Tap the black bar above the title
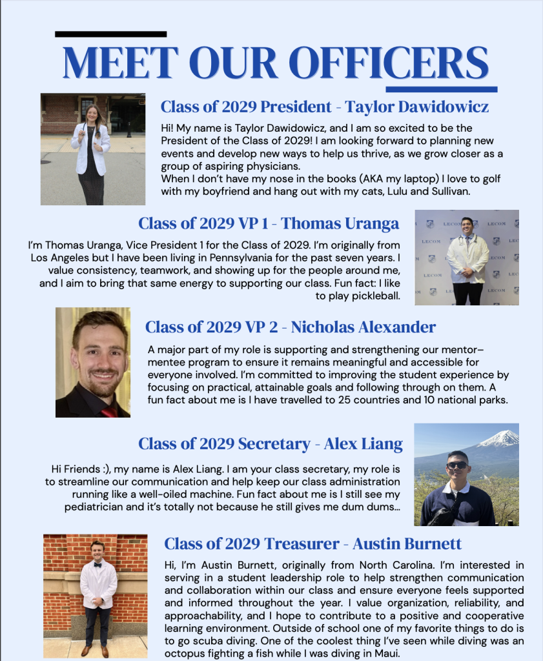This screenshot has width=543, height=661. (x=110, y=34)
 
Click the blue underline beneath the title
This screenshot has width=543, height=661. (x=441, y=89)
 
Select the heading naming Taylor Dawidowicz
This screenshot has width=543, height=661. (x=324, y=107)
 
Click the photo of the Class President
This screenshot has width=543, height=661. (x=93, y=149)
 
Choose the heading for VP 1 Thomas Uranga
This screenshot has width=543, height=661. (x=269, y=223)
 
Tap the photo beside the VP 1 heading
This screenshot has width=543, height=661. (x=466, y=257)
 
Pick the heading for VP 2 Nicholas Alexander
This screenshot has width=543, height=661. (x=290, y=327)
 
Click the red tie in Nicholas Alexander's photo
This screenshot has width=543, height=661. (x=108, y=411)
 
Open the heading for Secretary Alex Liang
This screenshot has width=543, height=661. (x=270, y=443)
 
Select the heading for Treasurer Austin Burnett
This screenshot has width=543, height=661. (x=312, y=544)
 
